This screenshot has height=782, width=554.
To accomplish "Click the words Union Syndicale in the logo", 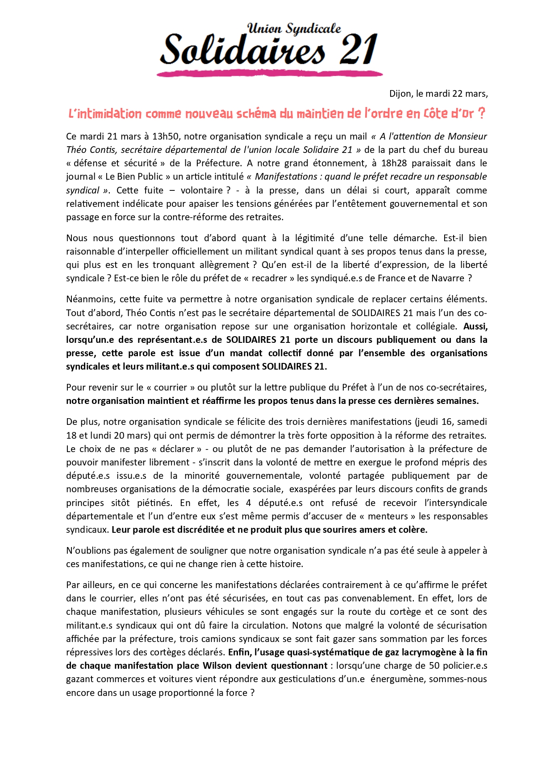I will point(294,29).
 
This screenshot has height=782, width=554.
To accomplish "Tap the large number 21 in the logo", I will point(358,49).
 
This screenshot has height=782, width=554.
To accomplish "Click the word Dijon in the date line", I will point(400,94).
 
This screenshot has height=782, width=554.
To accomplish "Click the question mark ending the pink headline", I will point(481,114).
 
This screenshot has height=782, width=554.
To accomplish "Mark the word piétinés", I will point(154,503).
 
